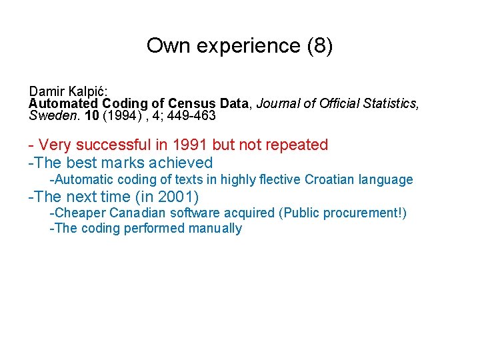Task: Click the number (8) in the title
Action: pyautogui.click(x=318, y=46)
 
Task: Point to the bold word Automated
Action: pyautogui.click(x=63, y=103)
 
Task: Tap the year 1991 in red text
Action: pyautogui.click(x=189, y=145)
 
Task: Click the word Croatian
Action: pyautogui.click(x=329, y=179)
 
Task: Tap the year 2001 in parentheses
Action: pyautogui.click(x=176, y=197)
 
